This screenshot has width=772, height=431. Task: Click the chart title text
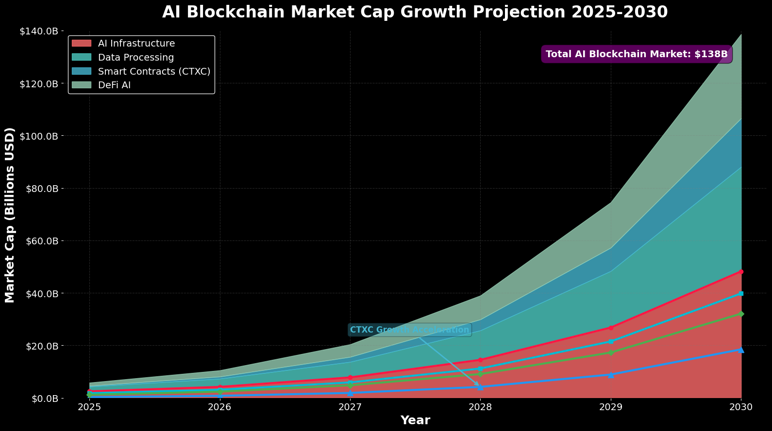[x=415, y=12]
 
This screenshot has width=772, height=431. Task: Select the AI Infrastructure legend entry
[x=136, y=44]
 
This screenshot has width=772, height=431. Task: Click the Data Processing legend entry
[x=135, y=58]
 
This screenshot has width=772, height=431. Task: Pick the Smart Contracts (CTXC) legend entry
[x=153, y=71]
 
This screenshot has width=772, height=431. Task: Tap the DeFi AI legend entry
[x=114, y=85]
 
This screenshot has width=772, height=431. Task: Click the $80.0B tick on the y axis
[x=43, y=188]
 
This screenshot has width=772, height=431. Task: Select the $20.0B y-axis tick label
[x=43, y=346]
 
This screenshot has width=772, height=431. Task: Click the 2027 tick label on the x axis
[x=350, y=407]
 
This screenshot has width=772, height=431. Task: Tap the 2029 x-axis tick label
[x=610, y=407]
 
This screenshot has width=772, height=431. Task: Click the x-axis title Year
[x=415, y=420]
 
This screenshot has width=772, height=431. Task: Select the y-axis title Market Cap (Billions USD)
[x=10, y=215]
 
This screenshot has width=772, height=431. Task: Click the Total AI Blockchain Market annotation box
[x=636, y=54]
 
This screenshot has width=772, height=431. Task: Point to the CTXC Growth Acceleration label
[x=409, y=330]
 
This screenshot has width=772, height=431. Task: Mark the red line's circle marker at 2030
[x=741, y=271]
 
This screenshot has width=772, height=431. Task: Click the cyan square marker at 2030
[x=741, y=293]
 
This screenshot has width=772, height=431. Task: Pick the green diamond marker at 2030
[x=741, y=314]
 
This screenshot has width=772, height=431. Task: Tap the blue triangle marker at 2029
[x=611, y=375]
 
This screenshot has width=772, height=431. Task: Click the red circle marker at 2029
[x=611, y=328]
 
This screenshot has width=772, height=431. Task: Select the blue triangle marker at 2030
[x=741, y=350]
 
